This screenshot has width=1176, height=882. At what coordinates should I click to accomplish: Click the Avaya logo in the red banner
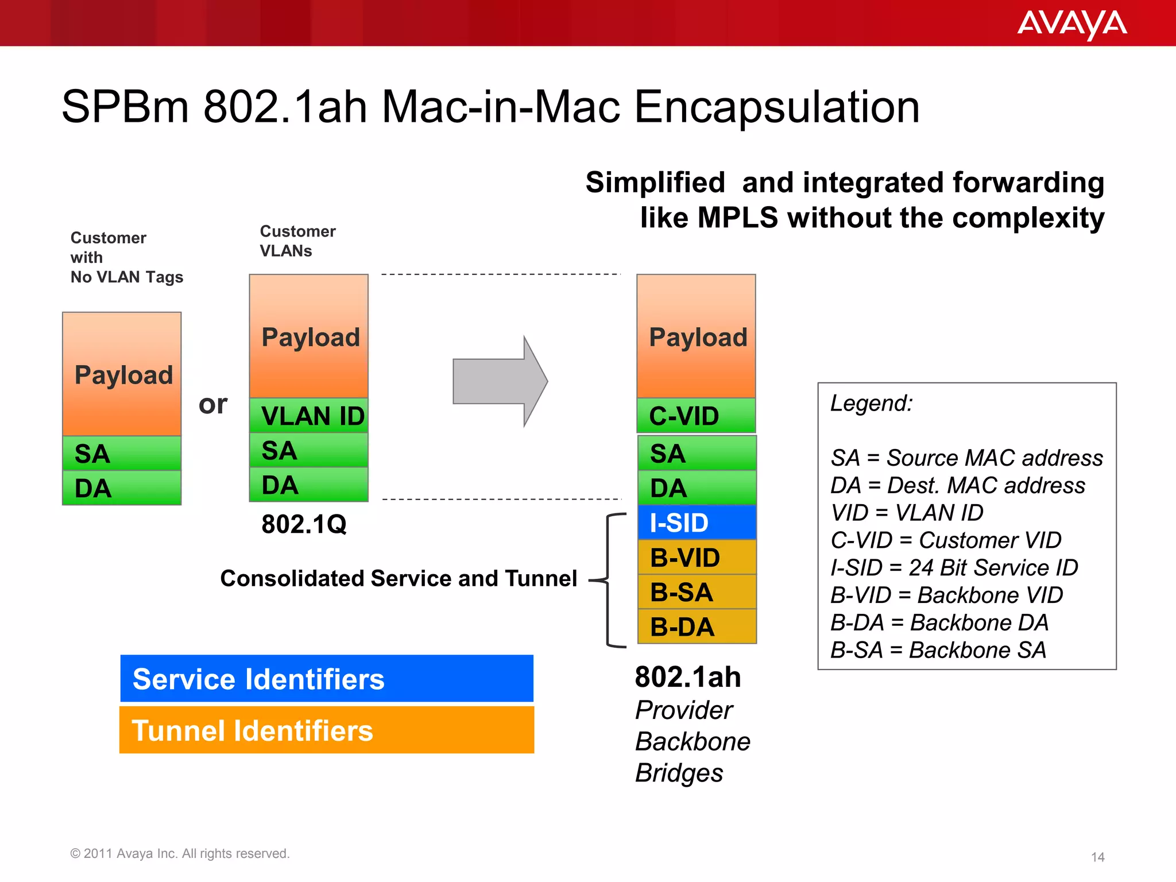1071,24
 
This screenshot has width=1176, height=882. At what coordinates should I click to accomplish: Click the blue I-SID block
697,523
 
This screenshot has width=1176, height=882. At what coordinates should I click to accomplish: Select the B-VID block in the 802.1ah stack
697,558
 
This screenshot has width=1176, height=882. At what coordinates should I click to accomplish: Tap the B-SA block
697,592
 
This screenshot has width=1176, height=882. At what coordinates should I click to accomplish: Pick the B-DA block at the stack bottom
697,626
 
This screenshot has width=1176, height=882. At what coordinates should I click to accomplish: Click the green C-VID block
696,416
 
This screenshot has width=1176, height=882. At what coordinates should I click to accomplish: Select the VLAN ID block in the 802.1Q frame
309,416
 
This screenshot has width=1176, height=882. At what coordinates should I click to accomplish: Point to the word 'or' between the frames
213,404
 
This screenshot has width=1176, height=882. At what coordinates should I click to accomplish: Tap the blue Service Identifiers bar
327,679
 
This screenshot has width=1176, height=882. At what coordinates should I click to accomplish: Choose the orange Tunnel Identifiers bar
327,730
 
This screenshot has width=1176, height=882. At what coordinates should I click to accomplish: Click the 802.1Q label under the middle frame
304,524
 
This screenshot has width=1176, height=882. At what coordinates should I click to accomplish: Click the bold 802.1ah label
687,677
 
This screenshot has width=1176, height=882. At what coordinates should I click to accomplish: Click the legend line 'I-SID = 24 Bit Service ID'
954,568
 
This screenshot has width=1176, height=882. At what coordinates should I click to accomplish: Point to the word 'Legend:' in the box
871,403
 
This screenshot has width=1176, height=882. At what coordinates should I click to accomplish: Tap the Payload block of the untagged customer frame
122,374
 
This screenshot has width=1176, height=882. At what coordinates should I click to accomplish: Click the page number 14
1097,857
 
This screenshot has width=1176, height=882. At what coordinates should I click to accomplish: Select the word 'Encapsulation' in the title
776,107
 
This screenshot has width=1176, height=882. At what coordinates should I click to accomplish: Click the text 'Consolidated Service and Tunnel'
399,579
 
